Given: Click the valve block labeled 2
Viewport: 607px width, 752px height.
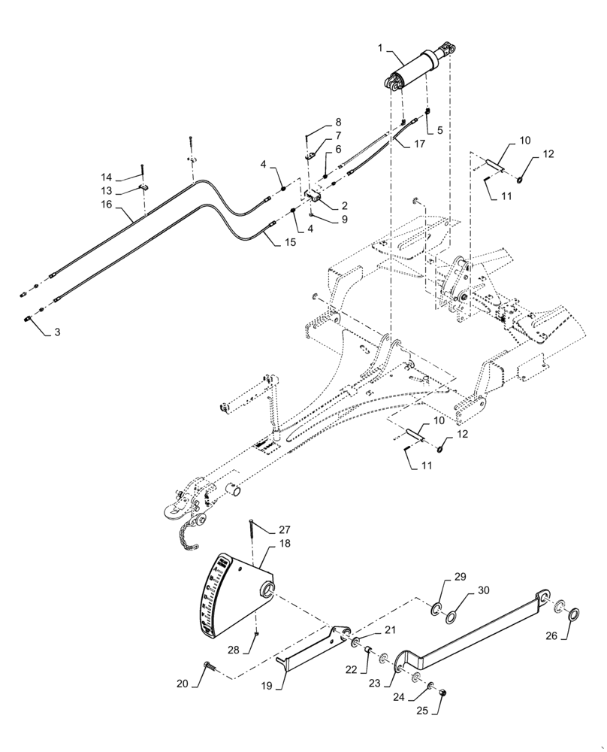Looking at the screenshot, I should (x=313, y=196).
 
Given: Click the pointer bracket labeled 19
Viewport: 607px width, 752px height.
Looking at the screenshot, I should (x=310, y=646).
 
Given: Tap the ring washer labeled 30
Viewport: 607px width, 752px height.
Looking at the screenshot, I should (x=453, y=617).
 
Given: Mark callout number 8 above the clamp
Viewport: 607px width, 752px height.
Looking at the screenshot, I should (x=338, y=122).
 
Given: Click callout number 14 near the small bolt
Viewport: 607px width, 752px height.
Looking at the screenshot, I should (x=107, y=177).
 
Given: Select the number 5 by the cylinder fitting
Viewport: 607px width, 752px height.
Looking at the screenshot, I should (x=439, y=129).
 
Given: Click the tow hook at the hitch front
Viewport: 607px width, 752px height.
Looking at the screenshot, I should (x=167, y=511).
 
